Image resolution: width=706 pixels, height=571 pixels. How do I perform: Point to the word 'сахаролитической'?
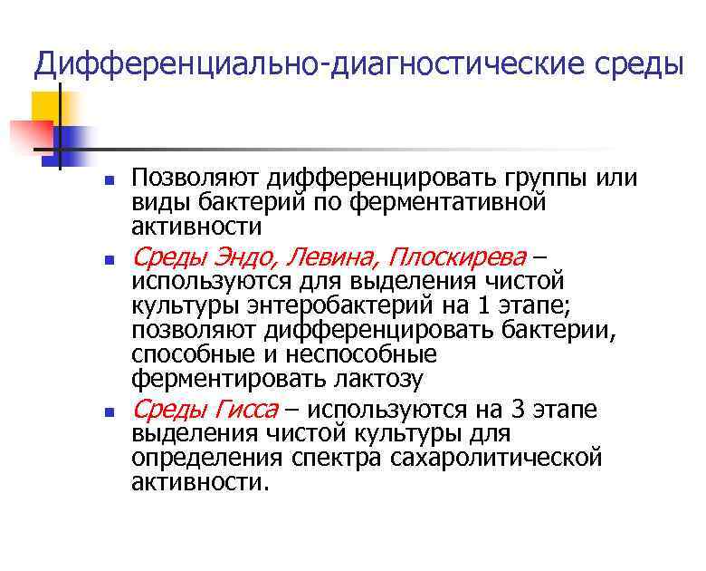tap(496, 459)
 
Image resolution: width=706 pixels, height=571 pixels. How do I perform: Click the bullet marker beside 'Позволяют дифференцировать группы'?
tap(106, 179)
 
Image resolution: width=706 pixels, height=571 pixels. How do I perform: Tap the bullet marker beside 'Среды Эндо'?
tap(106, 259)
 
